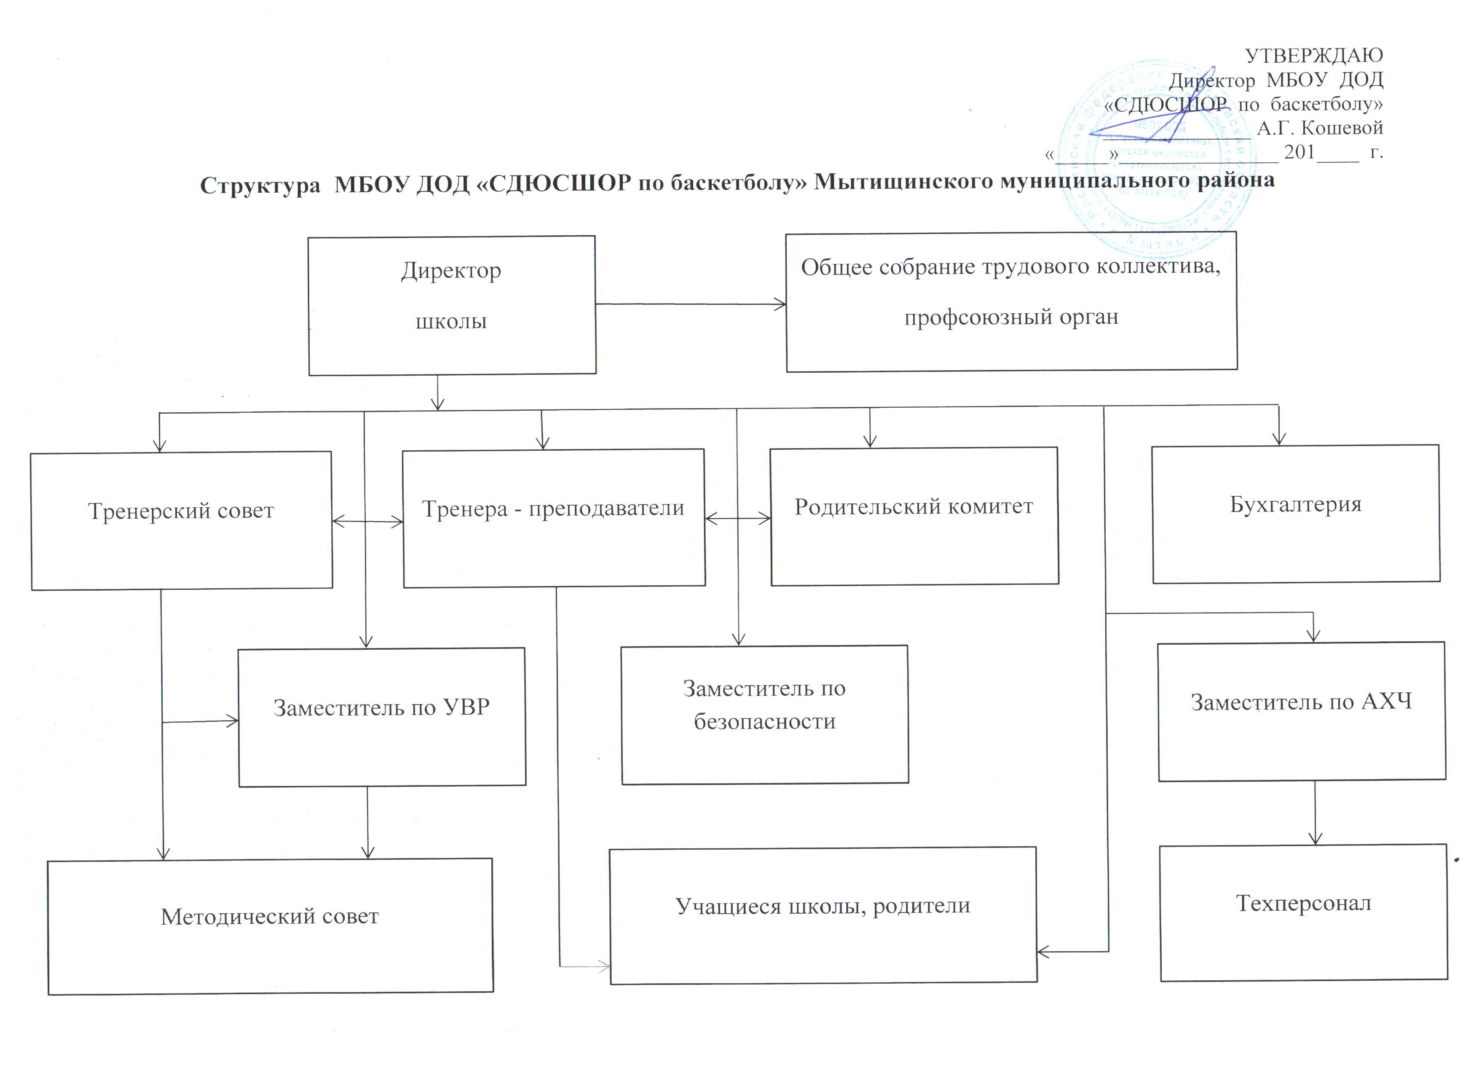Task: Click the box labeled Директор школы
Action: (x=452, y=305)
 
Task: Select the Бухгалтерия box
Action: (x=1296, y=514)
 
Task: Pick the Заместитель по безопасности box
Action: (x=764, y=715)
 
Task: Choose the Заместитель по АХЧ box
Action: (x=1302, y=711)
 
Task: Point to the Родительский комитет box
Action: (x=914, y=516)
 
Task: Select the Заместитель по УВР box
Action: (x=381, y=716)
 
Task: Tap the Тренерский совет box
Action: (x=181, y=520)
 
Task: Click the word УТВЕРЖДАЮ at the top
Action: (x=1314, y=56)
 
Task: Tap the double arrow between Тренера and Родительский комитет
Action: (x=737, y=519)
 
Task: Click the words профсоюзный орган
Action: (x=1011, y=318)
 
